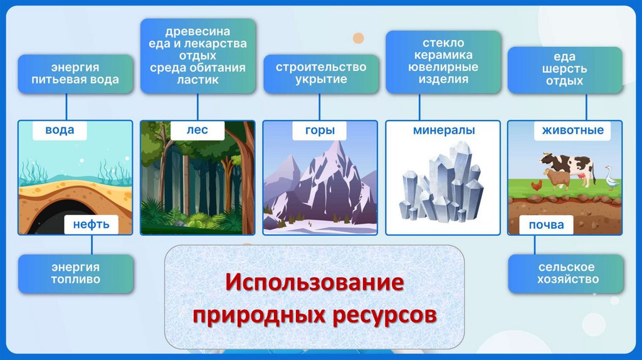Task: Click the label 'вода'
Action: pos(60,130)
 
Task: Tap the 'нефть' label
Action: pos(92,225)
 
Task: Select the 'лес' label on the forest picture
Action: pos(197,130)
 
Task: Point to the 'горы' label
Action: pos(320,130)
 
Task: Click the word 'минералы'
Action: pos(444,130)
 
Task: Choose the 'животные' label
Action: pos(572,130)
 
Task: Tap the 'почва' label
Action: pos(546,225)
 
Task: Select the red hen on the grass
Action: pos(537,186)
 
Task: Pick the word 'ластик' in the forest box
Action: pos(197,80)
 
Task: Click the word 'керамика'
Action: pos(443,55)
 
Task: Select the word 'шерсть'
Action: pos(565,69)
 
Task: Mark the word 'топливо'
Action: pos(76,280)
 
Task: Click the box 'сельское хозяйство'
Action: pos(566,273)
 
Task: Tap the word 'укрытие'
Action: pos(321,80)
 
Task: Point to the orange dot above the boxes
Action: pos(358,38)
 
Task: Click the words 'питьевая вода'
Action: pos(75,80)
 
